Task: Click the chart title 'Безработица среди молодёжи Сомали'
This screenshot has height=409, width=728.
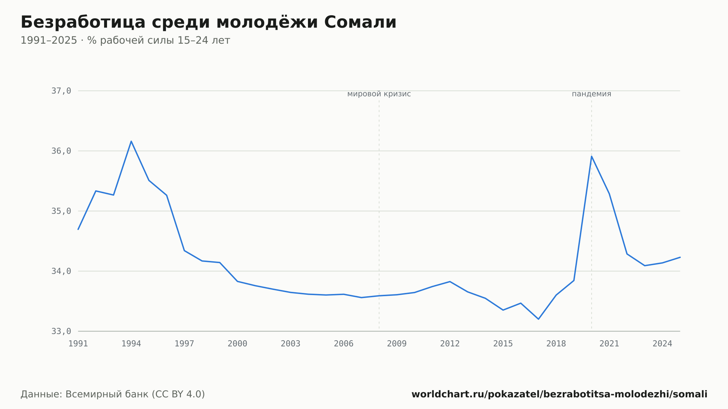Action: click(208, 22)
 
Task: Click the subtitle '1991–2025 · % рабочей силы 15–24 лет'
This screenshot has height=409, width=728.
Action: click(125, 40)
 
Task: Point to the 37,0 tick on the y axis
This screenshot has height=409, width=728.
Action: click(61, 91)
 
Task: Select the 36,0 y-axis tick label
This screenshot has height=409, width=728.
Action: click(61, 151)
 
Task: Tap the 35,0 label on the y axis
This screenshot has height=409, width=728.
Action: click(61, 211)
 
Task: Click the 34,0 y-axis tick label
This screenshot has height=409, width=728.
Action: click(61, 271)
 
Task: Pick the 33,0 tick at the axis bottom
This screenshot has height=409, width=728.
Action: click(61, 331)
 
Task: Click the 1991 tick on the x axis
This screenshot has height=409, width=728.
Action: click(78, 344)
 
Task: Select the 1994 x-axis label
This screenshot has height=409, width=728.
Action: click(131, 344)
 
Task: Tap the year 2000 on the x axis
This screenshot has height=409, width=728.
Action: click(237, 344)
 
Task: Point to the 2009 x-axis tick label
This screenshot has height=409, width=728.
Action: click(397, 344)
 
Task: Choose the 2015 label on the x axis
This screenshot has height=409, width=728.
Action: click(503, 344)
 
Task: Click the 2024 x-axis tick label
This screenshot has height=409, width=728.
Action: click(662, 344)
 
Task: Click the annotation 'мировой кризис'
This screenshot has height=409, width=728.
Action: click(379, 94)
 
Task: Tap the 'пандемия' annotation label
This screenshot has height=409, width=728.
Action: click(591, 94)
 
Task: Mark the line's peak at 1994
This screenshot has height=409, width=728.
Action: click(131, 141)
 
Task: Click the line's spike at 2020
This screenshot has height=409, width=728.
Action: click(591, 156)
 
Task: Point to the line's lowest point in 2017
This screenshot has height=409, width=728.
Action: click(538, 319)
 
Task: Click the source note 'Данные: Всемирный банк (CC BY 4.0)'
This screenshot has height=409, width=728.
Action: click(113, 394)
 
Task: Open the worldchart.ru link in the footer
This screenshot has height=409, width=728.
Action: click(559, 394)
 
